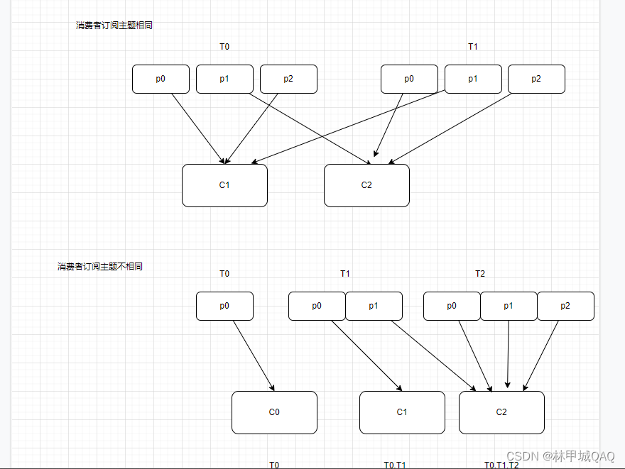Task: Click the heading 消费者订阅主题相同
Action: click(114, 26)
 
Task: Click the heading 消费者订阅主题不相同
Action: click(100, 267)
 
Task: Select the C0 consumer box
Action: click(274, 412)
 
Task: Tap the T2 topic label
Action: click(480, 274)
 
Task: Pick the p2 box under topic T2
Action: click(565, 306)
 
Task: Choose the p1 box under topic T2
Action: click(509, 306)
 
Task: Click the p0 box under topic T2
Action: click(452, 306)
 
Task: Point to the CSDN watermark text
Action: click(560, 456)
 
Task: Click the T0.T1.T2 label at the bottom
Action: click(501, 465)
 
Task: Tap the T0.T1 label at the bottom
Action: click(395, 465)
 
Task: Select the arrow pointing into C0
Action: click(254, 355)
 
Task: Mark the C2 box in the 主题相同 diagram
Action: click(366, 185)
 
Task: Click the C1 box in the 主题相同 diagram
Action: click(224, 185)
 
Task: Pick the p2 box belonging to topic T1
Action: click(536, 79)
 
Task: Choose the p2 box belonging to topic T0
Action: click(288, 79)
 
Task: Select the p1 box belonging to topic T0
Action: click(224, 79)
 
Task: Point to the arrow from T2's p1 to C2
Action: click(508, 355)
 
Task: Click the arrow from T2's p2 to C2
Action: click(541, 355)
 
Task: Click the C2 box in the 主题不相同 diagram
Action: click(501, 412)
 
